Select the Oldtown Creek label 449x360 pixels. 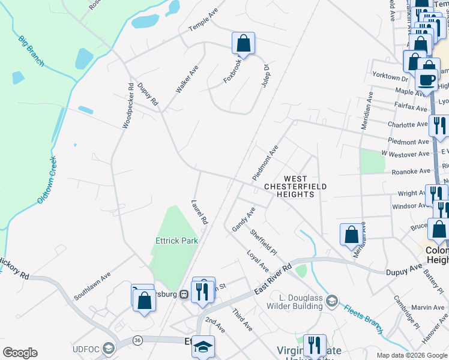point(47,179)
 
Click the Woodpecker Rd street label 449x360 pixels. point(128,105)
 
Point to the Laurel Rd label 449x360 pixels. point(199,212)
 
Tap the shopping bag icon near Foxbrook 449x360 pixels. point(243,43)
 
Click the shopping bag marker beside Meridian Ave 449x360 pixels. point(351,235)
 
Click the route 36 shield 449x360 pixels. point(137,340)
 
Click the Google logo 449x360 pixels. point(20,353)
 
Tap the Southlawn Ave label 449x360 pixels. point(92,287)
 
